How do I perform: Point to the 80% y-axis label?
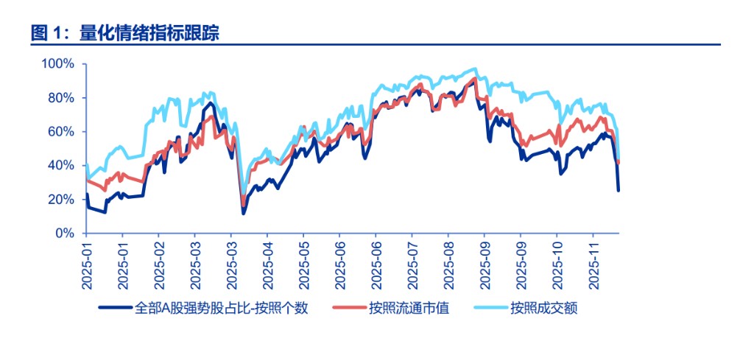pos(60,98)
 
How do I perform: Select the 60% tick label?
pos(60,132)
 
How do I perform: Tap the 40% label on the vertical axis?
pos(60,166)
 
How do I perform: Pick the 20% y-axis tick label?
pos(60,200)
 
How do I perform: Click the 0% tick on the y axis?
pos(63,234)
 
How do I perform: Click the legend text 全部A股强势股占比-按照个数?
pos(221,309)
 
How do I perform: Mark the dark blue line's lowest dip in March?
pos(243,214)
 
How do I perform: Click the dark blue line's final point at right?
pos(619,191)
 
